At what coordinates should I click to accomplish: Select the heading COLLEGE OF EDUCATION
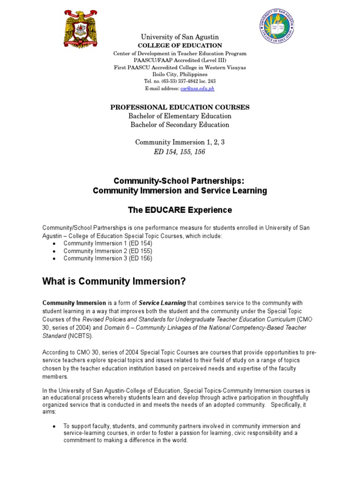[180, 45]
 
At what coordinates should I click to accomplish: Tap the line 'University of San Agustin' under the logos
[180, 37]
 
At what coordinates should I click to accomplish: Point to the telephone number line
[180, 81]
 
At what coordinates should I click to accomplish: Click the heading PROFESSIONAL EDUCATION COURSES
[180, 107]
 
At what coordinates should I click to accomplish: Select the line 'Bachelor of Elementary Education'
[180, 116]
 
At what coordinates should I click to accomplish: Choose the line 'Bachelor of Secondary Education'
[180, 125]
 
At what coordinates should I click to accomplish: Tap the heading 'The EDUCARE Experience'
[180, 210]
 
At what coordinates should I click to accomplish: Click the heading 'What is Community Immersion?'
[114, 281]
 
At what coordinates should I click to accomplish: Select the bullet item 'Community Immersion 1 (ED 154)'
[108, 244]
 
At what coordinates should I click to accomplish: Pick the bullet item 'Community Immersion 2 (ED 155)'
[108, 251]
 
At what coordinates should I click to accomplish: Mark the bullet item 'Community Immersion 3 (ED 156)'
[108, 258]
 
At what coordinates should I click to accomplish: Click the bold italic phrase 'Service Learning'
[162, 303]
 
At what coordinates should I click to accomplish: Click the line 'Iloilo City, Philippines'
[180, 74]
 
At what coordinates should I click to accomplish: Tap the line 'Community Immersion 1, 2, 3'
[180, 142]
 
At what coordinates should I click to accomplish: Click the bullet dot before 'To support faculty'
[55, 426]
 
